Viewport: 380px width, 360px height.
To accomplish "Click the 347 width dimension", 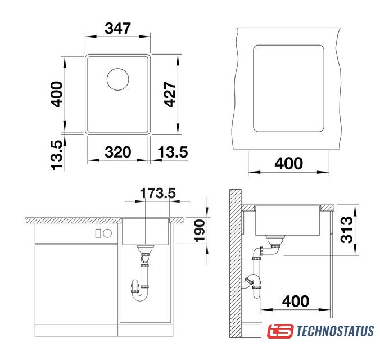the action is (x=118, y=28).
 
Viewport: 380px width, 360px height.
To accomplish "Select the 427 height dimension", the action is (x=170, y=94).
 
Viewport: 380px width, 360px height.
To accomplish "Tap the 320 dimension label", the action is (x=118, y=152).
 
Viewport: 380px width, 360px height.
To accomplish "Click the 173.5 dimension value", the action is (x=158, y=193).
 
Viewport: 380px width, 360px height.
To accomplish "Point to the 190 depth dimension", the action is (x=200, y=231).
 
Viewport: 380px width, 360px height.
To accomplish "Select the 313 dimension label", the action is (x=346, y=229).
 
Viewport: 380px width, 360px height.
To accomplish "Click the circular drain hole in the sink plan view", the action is (x=118, y=79).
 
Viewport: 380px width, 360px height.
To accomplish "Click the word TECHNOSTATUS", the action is (x=335, y=331).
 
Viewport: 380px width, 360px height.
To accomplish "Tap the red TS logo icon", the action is (x=280, y=331).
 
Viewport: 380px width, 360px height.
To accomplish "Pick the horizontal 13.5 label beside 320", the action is (x=173, y=152).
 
